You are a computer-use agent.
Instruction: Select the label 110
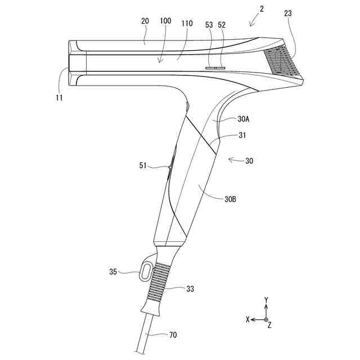click(x=187, y=24)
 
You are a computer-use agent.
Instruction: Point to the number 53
click(x=210, y=24)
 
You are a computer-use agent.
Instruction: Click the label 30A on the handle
click(x=244, y=119)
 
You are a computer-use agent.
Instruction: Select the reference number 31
click(x=242, y=135)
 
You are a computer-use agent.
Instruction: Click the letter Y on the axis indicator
click(x=267, y=299)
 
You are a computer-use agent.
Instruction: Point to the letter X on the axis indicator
click(x=247, y=319)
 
